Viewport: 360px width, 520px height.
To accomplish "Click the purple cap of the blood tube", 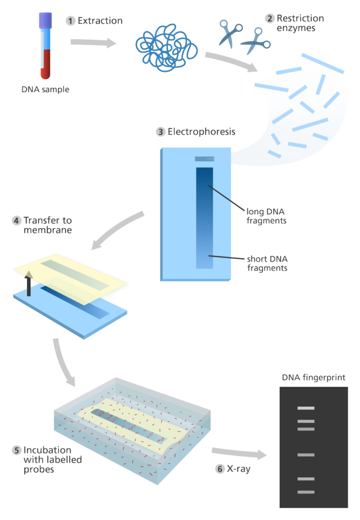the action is click(45, 20).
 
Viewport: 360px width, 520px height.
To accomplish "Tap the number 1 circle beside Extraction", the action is click(70, 21).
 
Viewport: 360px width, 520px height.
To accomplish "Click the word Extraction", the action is click(100, 20).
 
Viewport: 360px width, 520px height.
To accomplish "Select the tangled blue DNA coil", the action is click(167, 47).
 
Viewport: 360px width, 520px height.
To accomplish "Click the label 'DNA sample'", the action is click(45, 89).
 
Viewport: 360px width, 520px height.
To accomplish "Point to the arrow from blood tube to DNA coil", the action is click(93, 43).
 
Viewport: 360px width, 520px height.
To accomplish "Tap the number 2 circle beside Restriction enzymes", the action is click(270, 18).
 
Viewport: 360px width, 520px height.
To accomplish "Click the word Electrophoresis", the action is click(202, 132).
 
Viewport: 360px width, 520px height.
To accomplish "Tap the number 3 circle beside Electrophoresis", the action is click(160, 132).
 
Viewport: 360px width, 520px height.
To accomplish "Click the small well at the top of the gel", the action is click(205, 159).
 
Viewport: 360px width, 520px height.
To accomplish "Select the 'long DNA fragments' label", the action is click(267, 216).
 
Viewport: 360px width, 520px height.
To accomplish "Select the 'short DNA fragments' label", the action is click(267, 264).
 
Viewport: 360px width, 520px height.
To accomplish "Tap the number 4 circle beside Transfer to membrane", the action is click(17, 220).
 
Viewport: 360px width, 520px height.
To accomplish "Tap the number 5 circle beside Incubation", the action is click(17, 450).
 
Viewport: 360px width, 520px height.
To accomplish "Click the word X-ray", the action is click(239, 469).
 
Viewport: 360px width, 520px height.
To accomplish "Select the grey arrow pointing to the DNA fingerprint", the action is click(239, 453).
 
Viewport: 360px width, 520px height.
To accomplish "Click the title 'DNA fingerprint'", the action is click(314, 377).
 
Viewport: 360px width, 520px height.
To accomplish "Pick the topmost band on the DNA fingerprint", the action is click(306, 408).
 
